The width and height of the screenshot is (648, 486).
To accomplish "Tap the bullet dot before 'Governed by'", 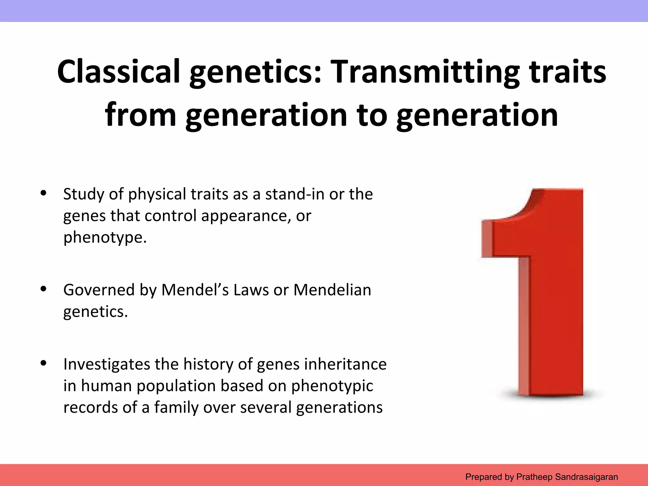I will pos(44,289).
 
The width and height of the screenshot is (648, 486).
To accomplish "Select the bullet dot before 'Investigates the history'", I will pos(44,363).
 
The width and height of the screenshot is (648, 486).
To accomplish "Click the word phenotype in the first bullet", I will pos(105,237).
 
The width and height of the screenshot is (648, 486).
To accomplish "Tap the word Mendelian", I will pos(332,290).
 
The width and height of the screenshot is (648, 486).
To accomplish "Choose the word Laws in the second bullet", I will pos(251,290).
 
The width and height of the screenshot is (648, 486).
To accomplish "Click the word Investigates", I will pos(106,364).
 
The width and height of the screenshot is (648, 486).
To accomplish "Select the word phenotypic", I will pos(332,386).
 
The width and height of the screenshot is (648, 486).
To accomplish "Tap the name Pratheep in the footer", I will pos(534,477).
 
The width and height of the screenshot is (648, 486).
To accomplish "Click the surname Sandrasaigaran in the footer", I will pos(586,477).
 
